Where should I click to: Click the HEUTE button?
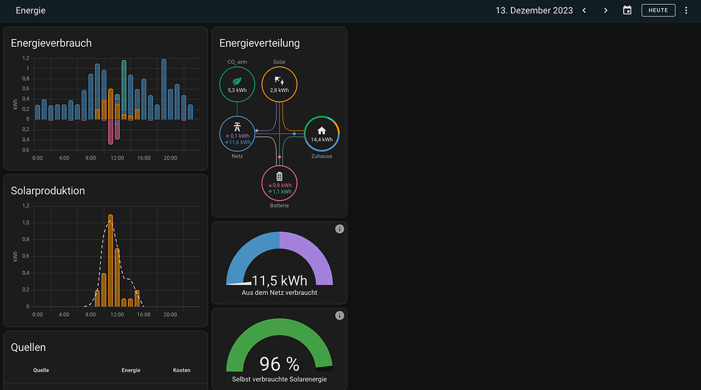[658, 10]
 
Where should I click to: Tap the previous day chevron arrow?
[584, 10]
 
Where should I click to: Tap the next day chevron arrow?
[605, 10]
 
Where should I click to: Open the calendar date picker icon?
[627, 10]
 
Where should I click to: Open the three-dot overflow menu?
[686, 10]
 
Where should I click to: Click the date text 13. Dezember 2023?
[534, 10]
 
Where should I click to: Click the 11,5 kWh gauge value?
[279, 281]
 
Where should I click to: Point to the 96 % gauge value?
[279, 364]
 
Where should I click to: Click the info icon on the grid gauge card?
[339, 229]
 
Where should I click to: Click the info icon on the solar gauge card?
[339, 315]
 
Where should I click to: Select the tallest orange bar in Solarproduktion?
[110, 260]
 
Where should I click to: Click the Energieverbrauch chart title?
[51, 43]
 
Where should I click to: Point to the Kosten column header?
[181, 370]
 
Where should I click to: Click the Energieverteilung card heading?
[259, 43]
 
